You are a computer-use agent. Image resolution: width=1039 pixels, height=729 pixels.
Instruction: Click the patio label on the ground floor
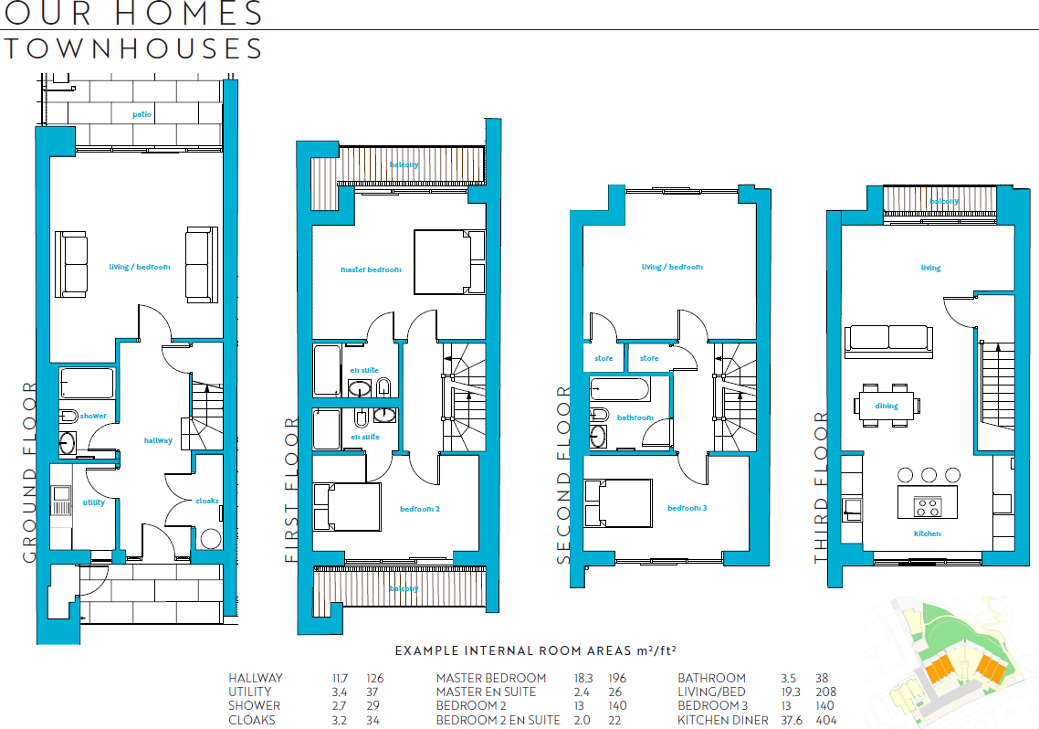[x=142, y=114]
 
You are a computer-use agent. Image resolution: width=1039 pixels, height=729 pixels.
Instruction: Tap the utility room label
[x=94, y=502]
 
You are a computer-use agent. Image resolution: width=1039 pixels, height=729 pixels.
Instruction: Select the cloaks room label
[x=207, y=501]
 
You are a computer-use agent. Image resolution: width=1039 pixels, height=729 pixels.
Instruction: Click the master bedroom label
[x=371, y=269]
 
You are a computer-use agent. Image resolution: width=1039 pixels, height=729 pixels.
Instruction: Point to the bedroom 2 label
[x=420, y=509]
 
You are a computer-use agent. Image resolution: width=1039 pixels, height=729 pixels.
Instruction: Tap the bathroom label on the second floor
[x=635, y=417]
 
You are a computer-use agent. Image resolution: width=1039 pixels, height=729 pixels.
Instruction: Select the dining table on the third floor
[x=887, y=406]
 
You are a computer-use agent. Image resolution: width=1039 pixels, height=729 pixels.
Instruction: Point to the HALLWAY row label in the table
[x=256, y=679]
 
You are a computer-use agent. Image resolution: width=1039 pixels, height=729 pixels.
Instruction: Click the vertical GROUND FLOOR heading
[x=28, y=470]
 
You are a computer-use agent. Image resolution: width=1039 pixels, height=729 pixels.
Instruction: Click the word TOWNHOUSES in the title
[x=134, y=48]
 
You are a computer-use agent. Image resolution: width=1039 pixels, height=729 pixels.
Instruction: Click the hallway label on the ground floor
[x=158, y=440]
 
